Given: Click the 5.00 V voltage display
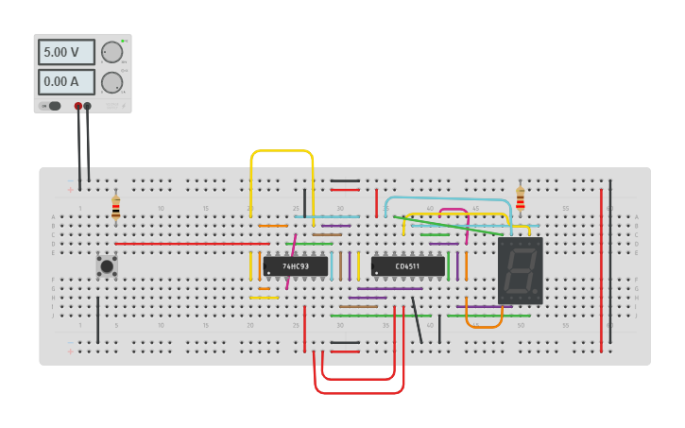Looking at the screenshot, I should pos(65,52).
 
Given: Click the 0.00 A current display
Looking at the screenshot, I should pos(65,82).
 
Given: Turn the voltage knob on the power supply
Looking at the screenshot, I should pos(111,52).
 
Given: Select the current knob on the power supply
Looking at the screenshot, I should pos(111,82).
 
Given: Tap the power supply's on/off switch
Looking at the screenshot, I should pos(54,106).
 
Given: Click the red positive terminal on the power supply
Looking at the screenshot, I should pos(77,106).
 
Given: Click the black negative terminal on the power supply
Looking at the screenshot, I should pos(87,106).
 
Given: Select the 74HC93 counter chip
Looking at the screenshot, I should pos(296,266).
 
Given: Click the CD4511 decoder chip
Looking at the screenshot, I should pos(407,266).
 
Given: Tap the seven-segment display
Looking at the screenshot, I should pos(520,270).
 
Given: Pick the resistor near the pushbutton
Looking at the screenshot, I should pos(115,207).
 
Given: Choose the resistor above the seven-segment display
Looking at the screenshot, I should pos(520,198).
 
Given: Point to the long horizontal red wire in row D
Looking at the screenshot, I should pos(189,244).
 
